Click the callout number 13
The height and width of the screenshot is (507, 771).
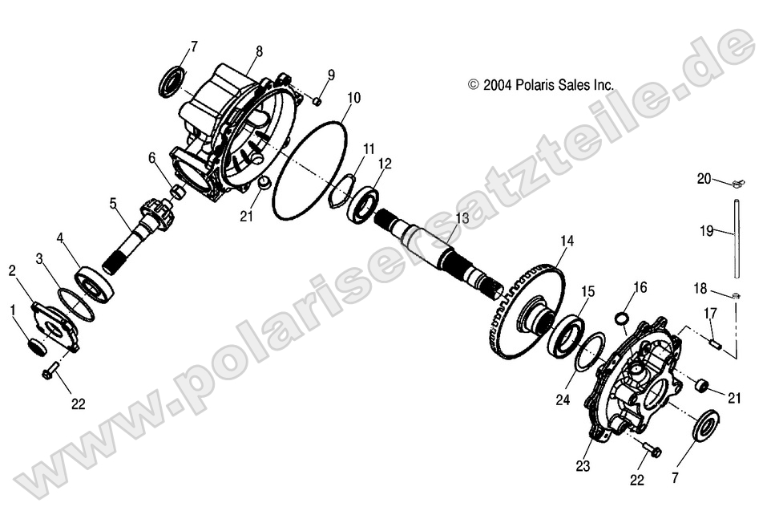pyautogui.click(x=462, y=218)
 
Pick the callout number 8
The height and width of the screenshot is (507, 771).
pyautogui.click(x=259, y=51)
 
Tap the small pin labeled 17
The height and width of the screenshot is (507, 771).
pyautogui.click(x=717, y=343)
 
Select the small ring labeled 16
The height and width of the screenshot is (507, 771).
pyautogui.click(x=622, y=318)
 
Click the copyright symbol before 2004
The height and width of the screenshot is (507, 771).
pyautogui.click(x=474, y=85)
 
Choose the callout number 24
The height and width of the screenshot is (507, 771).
pyautogui.click(x=562, y=400)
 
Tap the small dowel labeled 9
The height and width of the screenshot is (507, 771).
pyautogui.click(x=317, y=101)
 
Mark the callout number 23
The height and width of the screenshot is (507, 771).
pyautogui.click(x=583, y=465)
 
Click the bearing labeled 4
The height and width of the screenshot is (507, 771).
pyautogui.click(x=95, y=287)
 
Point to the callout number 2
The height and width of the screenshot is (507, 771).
pyautogui.click(x=12, y=270)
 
